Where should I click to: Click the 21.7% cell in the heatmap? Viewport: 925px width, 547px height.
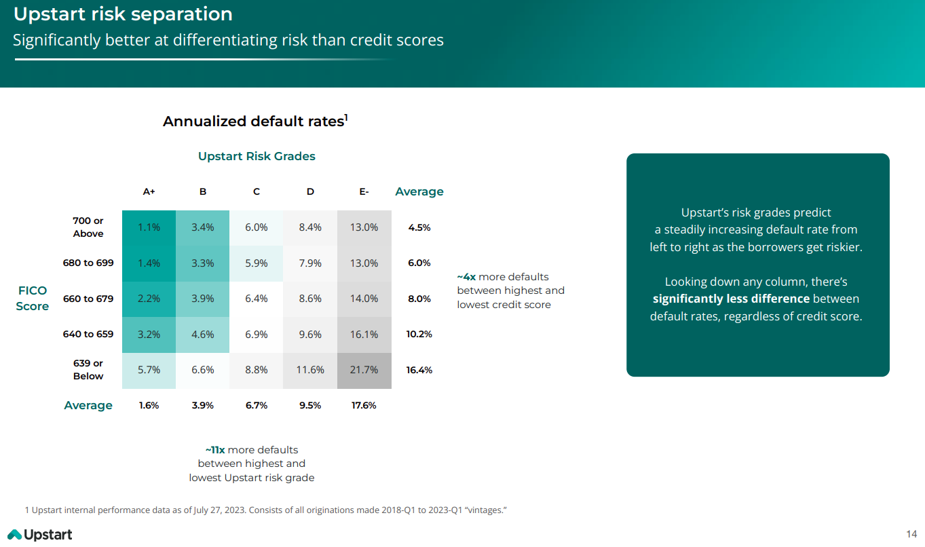tap(364, 371)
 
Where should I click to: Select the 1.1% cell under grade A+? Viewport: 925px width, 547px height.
tap(149, 227)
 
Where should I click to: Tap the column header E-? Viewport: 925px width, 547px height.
tap(364, 192)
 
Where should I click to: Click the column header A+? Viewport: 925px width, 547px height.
tap(149, 192)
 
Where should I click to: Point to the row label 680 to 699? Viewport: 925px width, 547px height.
tap(88, 263)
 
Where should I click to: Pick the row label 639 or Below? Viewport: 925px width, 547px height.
tap(88, 370)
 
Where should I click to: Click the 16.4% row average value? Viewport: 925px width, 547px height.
tap(419, 371)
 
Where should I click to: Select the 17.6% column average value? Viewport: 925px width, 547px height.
tap(364, 406)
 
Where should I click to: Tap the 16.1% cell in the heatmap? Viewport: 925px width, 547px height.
tap(364, 335)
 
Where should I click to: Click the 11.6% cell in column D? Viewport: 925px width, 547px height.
tap(310, 371)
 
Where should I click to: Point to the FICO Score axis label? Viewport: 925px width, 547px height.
tap(33, 299)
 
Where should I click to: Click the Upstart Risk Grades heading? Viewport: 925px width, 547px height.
tap(257, 156)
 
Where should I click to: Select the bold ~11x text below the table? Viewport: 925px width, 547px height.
tap(214, 450)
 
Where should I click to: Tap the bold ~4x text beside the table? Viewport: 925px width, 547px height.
tap(466, 277)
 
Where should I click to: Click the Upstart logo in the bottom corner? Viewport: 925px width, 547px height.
tap(40, 535)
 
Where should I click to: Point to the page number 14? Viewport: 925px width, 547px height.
tap(911, 533)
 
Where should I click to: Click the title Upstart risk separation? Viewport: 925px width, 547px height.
tap(123, 14)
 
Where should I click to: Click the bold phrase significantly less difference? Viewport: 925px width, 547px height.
tap(731, 299)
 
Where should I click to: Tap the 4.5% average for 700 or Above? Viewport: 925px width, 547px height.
tap(419, 227)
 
